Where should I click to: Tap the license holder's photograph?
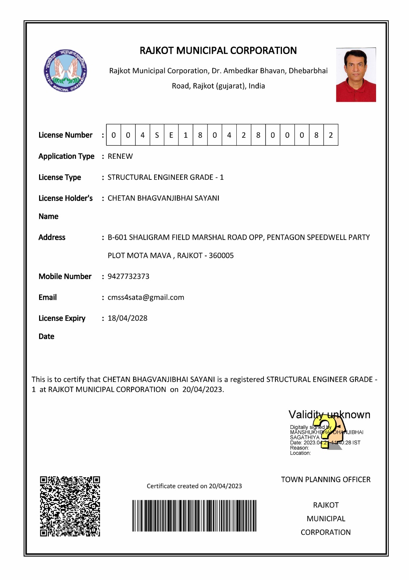click(356, 75)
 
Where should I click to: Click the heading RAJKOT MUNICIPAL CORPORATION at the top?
click(218, 50)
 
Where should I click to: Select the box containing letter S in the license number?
click(157, 135)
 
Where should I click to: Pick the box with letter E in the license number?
click(171, 135)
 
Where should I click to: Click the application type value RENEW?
click(120, 156)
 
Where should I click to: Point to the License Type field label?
click(60, 177)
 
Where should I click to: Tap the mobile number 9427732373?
click(128, 276)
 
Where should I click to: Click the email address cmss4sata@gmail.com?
click(146, 297)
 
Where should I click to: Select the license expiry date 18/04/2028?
click(127, 318)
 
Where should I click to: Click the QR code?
click(70, 506)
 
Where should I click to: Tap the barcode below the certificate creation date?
click(194, 516)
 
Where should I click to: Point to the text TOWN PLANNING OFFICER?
click(326, 480)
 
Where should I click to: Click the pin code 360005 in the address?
click(221, 256)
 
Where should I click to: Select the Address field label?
click(52, 237)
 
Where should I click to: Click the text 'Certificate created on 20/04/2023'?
click(194, 486)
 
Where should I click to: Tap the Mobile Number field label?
click(65, 276)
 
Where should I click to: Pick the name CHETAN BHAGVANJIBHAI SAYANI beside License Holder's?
click(163, 198)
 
